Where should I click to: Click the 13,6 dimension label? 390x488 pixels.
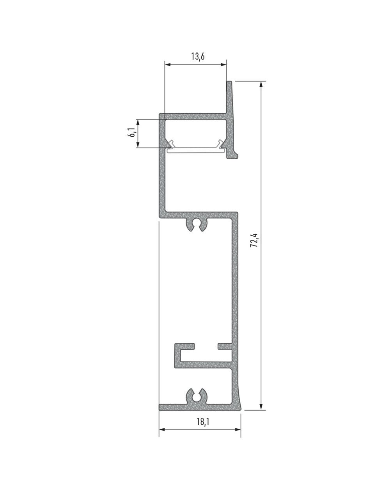pos(198,56)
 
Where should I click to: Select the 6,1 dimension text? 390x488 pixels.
pos(132,132)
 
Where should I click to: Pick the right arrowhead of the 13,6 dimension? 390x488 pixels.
pos(223,65)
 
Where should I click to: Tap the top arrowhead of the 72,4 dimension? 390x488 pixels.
pos(261,84)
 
